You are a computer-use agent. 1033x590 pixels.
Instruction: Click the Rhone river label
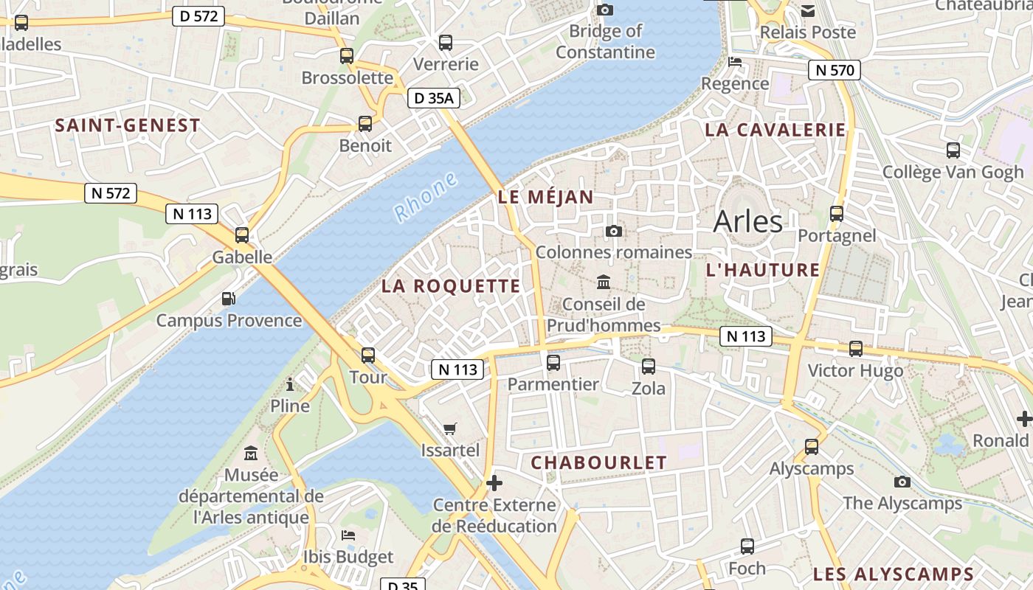[x=426, y=197]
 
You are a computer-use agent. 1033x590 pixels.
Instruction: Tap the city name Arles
[x=748, y=221]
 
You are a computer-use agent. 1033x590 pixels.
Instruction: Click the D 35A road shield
[x=433, y=97]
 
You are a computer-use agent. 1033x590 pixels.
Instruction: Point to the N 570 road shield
[x=835, y=71]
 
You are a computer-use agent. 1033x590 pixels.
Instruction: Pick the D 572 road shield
[x=198, y=15]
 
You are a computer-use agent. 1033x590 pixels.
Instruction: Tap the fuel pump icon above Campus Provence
[x=229, y=299]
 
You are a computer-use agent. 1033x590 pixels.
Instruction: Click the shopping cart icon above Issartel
[x=450, y=428]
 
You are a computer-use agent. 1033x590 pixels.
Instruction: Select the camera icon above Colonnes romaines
[x=613, y=232]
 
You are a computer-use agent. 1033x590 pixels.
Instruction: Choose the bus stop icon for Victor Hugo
[x=856, y=349]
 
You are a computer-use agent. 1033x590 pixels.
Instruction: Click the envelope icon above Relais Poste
[x=808, y=11]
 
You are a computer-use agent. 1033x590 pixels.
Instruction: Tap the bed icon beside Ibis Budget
[x=348, y=535]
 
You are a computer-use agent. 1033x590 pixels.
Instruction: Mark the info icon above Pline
[x=290, y=384]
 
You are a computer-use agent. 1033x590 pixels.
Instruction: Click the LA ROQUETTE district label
[x=451, y=286]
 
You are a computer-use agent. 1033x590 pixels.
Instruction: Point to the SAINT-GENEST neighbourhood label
[x=128, y=125]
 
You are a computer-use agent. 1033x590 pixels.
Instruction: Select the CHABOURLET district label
[x=598, y=462]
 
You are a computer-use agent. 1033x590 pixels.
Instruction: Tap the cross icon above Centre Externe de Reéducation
[x=494, y=484]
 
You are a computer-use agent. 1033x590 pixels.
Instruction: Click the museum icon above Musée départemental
[x=251, y=453]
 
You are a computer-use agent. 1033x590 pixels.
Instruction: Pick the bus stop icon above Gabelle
[x=242, y=235]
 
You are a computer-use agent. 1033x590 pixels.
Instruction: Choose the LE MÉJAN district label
[x=545, y=197]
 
